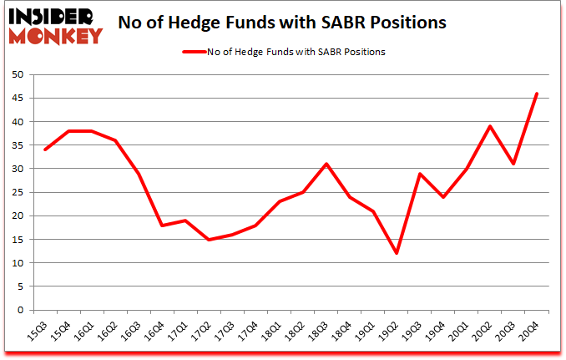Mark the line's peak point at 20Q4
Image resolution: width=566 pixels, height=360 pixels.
coord(536,94)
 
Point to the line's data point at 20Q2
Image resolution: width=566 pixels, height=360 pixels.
coord(489,126)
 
